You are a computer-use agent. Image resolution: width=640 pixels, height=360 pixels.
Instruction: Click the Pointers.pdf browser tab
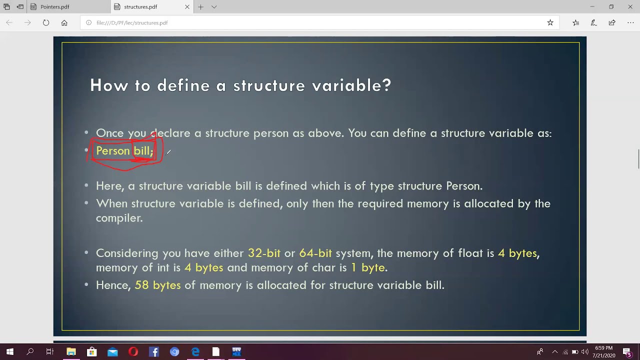pyautogui.click(x=54, y=7)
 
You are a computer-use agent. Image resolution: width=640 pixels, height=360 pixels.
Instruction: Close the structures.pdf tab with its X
pyautogui.click(x=187, y=7)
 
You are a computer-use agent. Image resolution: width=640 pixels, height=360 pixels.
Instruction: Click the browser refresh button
pyautogui.click(x=46, y=22)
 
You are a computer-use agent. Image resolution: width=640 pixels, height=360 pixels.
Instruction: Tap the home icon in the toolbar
pyautogui.click(x=64, y=22)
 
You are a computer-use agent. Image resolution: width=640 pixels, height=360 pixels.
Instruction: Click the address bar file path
pyautogui.click(x=132, y=22)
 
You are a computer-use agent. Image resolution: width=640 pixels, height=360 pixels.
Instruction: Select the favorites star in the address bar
pyautogui.click(x=550, y=22)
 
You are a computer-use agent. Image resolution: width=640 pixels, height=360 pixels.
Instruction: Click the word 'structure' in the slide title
pyautogui.click(x=269, y=85)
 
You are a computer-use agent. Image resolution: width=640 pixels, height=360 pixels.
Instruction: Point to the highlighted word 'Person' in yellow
pyautogui.click(x=112, y=150)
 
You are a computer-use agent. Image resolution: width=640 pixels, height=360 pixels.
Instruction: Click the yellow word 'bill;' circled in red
pyautogui.click(x=143, y=150)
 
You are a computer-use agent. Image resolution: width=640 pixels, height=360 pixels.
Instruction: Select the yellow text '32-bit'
pyautogui.click(x=264, y=253)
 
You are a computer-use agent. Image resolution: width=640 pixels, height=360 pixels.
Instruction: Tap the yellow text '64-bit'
pyautogui.click(x=315, y=253)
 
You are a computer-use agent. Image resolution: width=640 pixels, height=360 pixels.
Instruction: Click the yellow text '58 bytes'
pyautogui.click(x=157, y=285)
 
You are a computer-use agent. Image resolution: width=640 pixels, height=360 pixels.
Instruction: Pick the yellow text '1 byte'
pyautogui.click(x=367, y=267)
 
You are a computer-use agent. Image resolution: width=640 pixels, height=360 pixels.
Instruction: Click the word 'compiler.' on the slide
pyautogui.click(x=119, y=218)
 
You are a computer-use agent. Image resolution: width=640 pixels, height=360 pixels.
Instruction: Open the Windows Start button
pyautogui.click(x=9, y=352)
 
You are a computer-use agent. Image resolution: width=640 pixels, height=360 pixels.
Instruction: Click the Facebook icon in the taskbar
pyautogui.click(x=154, y=352)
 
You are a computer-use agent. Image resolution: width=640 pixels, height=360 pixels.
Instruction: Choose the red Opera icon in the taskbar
pyautogui.click(x=133, y=352)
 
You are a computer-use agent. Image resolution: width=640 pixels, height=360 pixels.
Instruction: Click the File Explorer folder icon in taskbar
pyautogui.click(x=71, y=352)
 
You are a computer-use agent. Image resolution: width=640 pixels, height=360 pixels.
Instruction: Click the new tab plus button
pyautogui.click(x=200, y=7)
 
